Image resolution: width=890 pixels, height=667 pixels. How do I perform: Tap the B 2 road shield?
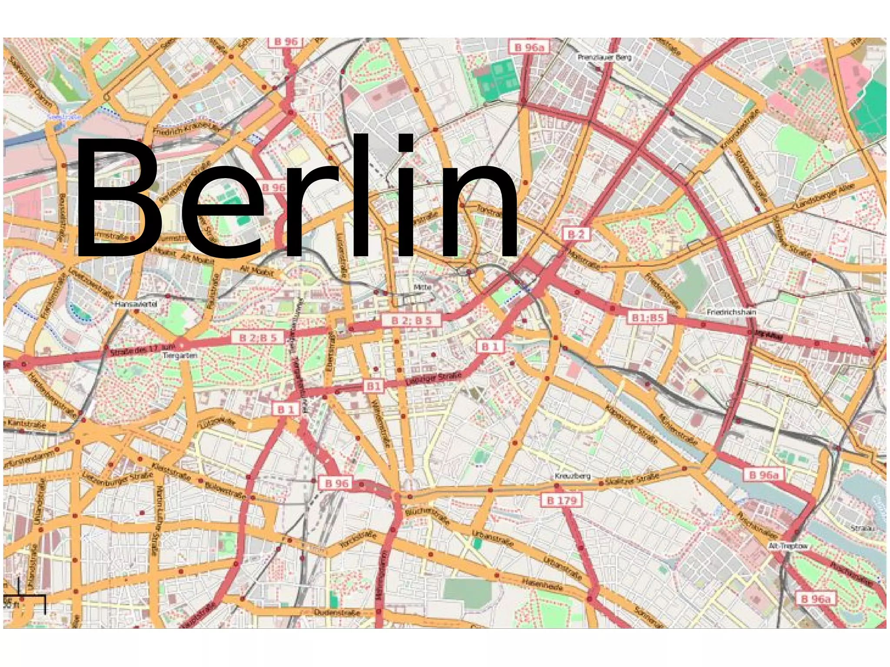coord(576,234)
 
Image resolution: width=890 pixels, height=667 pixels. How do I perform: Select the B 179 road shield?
coord(561,500)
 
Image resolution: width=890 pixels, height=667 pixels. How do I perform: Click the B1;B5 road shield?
coord(648,318)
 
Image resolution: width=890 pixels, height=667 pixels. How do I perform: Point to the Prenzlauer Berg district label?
coord(604,57)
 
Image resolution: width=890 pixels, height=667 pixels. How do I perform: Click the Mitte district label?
coord(422,287)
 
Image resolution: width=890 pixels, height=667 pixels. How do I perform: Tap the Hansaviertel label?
coord(136,304)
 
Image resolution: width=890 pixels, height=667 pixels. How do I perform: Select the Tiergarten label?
coord(180,355)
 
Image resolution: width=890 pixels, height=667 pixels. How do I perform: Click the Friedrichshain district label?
coord(731,312)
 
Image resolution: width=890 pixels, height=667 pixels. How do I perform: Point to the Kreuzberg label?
coord(572,476)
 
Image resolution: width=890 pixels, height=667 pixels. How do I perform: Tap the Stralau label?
coord(862,528)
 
